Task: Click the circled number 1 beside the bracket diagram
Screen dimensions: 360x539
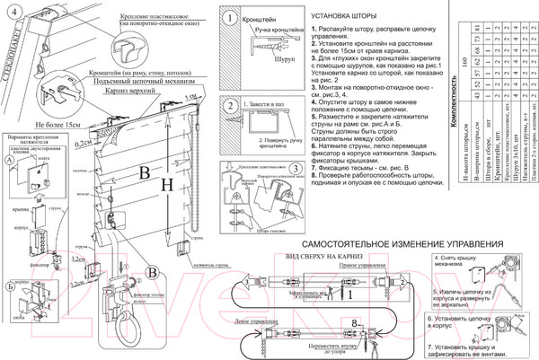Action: [x=232, y=17]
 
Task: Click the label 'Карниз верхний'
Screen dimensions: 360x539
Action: [x=126, y=92]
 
